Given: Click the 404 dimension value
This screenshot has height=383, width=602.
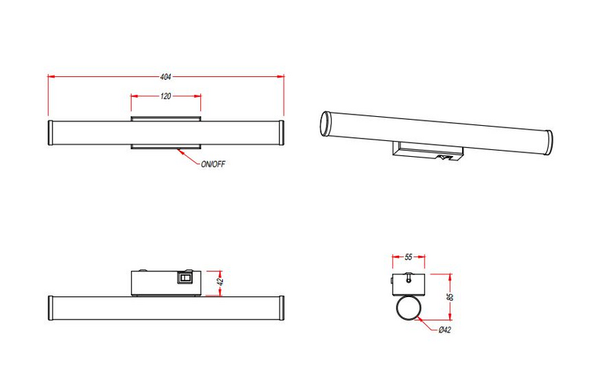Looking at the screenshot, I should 166,76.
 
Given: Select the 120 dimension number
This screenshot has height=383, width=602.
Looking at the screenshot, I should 166,97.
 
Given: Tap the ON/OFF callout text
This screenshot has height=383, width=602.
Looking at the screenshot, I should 213,164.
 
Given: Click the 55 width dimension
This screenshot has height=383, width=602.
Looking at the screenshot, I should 409,257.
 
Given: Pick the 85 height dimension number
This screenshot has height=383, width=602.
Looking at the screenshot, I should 450,296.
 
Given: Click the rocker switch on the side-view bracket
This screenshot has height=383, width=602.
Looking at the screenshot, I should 184,278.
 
